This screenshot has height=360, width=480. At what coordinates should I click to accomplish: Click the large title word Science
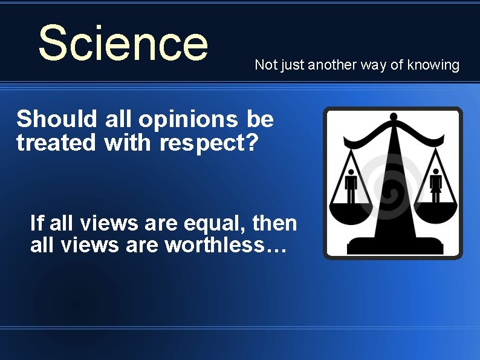coord(123,43)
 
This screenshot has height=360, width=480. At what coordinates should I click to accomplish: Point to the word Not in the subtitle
coord(264,65)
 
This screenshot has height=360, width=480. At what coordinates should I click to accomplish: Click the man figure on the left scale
coord(350,185)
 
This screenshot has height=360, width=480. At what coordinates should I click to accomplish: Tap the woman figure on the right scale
coord(435,185)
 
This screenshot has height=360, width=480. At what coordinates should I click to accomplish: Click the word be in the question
coord(261,119)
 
